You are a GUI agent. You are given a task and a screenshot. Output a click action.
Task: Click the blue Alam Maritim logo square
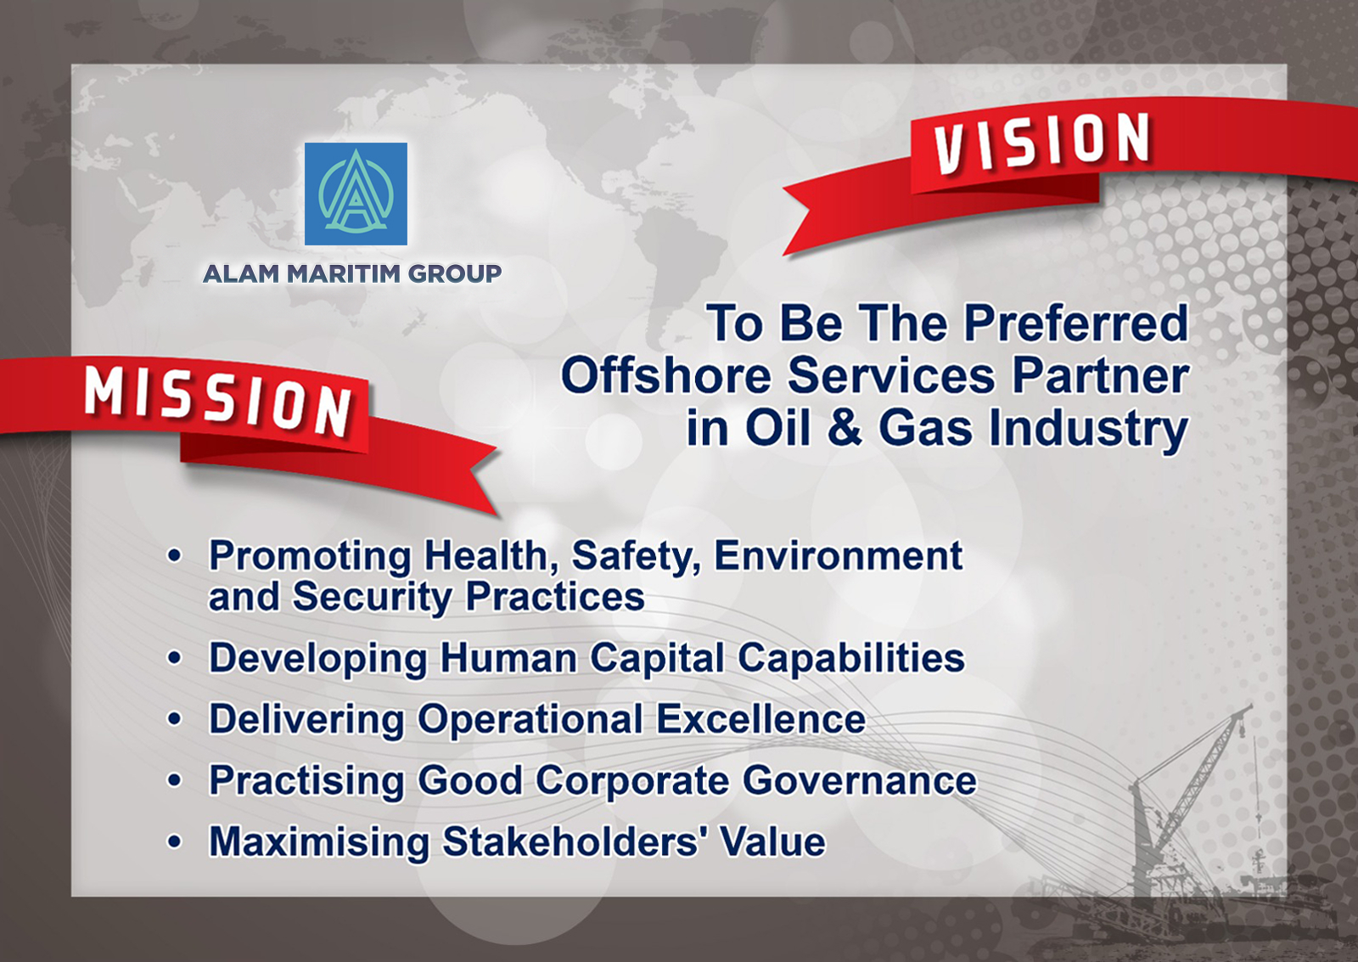coord(356,194)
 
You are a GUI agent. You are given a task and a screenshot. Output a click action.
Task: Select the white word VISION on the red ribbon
coord(1041,142)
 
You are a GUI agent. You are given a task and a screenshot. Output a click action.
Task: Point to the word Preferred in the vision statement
coord(1076,323)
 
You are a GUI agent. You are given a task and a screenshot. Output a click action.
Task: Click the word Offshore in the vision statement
coord(666,375)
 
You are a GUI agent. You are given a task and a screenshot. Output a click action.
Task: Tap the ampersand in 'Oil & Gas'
coord(845,427)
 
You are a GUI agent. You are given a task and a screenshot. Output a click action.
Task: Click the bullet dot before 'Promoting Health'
coord(175,555)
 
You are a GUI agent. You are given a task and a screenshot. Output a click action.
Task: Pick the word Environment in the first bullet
coord(839,555)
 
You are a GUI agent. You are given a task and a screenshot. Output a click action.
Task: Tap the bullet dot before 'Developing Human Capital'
coord(175,658)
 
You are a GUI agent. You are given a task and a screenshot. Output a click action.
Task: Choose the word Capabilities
coord(850,660)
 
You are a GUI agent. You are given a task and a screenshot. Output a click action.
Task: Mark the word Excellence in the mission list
coord(760,719)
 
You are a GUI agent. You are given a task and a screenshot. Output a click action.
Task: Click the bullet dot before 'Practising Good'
coord(175,780)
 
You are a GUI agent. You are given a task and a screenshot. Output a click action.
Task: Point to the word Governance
coord(860,780)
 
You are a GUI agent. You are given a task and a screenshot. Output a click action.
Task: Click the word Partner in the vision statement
coord(1100,375)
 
